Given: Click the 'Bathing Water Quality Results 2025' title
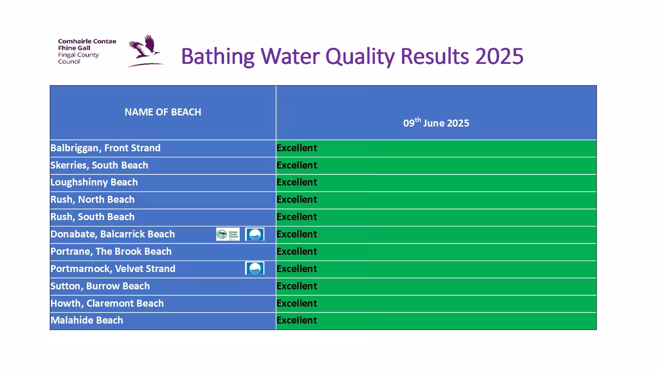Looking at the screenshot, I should tap(352, 56).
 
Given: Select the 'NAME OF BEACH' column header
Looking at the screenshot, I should tap(163, 112).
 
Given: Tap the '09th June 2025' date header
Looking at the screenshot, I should tap(436, 123).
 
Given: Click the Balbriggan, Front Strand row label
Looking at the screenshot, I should tap(105, 148).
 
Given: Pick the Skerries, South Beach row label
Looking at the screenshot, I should tap(99, 165).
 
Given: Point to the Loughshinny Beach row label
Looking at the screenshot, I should tap(94, 182).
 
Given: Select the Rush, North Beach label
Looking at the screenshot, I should tap(92, 200).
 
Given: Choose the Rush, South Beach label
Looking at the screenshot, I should tap(92, 217).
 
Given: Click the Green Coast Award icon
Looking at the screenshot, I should tap(228, 234).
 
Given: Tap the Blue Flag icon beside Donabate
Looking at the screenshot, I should tap(255, 234).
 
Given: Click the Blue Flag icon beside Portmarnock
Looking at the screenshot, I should tap(255, 268).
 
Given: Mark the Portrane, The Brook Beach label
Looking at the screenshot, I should tap(111, 251).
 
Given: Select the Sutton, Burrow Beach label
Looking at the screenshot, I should tap(100, 286).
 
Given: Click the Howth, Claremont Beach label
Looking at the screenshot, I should tap(107, 303).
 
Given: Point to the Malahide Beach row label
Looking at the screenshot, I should tap(86, 320).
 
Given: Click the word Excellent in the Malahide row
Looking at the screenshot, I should tap(297, 320).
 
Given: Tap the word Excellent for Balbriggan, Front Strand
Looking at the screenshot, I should tap(297, 148).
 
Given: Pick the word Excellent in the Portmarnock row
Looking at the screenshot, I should tap(297, 269).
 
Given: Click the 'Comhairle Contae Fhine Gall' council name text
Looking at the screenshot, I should tap(86, 45).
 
